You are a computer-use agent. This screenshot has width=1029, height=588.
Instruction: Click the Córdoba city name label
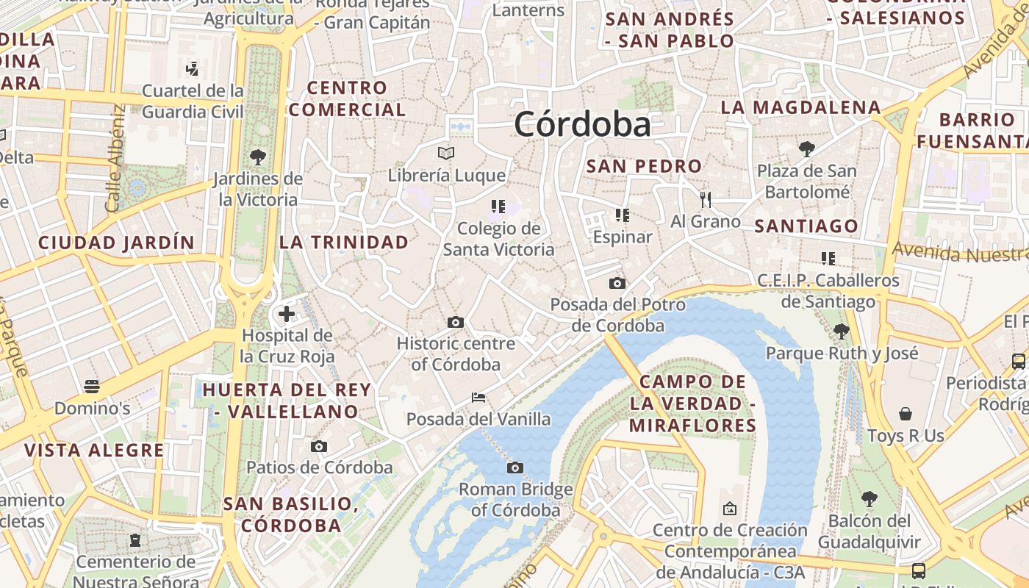pyautogui.click(x=582, y=124)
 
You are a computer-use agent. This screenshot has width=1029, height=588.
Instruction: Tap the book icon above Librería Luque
pyautogui.click(x=446, y=153)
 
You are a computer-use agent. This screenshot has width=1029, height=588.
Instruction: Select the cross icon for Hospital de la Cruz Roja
pyautogui.click(x=286, y=315)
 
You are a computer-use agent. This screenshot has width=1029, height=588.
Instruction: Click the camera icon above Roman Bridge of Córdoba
pyautogui.click(x=515, y=467)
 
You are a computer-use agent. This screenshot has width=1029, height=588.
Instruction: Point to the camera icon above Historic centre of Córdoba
pyautogui.click(x=456, y=322)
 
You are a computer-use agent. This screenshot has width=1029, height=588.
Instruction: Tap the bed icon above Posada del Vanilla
pyautogui.click(x=478, y=398)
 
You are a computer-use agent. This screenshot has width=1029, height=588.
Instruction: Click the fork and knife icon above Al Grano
pyautogui.click(x=706, y=199)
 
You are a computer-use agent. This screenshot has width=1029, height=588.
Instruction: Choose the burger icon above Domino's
pyautogui.click(x=92, y=386)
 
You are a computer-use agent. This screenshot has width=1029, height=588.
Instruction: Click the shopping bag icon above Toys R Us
pyautogui.click(x=906, y=414)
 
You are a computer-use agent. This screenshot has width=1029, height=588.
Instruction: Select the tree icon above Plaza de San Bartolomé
pyautogui.click(x=807, y=149)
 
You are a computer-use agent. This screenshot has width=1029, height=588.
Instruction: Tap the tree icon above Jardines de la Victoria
pyautogui.click(x=257, y=157)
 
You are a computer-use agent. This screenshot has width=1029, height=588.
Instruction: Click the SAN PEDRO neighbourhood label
pyautogui.click(x=644, y=166)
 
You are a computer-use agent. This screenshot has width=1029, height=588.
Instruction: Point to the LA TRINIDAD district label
pyautogui.click(x=344, y=242)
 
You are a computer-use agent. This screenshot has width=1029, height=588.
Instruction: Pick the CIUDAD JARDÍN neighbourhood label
pyautogui.click(x=117, y=243)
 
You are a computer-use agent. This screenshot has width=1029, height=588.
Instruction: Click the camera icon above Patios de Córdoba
pyautogui.click(x=318, y=446)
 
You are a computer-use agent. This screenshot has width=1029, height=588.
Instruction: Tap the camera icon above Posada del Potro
pyautogui.click(x=617, y=283)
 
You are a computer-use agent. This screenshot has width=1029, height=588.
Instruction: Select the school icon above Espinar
pyautogui.click(x=623, y=215)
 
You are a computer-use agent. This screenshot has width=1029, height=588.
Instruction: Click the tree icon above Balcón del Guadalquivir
pyautogui.click(x=870, y=499)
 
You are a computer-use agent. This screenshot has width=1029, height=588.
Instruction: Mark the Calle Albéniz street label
pyautogui.click(x=115, y=158)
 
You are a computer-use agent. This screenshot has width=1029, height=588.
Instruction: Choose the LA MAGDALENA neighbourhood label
pyautogui.click(x=800, y=107)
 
